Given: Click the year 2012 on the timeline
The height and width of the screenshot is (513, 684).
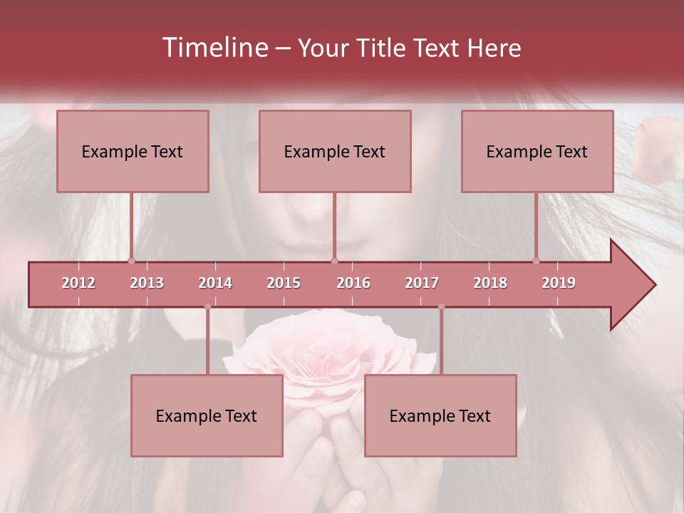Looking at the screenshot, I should coord(78,283).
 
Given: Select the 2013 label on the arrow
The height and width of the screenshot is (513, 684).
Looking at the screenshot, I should coord(147,283).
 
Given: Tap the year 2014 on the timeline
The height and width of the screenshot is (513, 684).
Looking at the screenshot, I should coord(215,283).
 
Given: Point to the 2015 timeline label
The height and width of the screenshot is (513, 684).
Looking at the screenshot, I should coord(284,283).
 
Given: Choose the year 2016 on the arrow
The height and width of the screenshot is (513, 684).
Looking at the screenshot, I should coord(353,283).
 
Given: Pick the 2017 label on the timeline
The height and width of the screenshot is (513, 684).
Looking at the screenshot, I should coord(422,283).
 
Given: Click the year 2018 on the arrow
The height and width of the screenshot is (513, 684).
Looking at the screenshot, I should coord(490,283).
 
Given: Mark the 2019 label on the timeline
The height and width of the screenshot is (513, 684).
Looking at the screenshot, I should coord(559,283).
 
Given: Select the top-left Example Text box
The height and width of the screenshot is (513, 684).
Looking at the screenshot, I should coord(133,151).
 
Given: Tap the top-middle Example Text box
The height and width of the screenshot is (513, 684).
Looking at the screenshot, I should coord(335,151).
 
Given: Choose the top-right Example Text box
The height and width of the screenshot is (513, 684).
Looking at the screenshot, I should coord(537,151).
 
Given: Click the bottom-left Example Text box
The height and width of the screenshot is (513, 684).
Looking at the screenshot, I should coord(207,415).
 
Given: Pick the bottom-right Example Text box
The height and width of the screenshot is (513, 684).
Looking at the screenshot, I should coord(440,415).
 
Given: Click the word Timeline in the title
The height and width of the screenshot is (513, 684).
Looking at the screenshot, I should coord(214,48).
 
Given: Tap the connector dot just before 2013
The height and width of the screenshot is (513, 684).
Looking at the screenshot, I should coord(131,261).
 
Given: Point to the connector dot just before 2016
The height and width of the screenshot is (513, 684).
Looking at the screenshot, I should coord(335,261).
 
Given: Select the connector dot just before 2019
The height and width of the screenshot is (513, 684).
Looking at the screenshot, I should coord(537,261).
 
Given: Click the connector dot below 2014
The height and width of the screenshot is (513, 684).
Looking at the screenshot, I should coord(207,306).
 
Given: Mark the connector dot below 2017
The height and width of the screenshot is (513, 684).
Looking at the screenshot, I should coord(441,306).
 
